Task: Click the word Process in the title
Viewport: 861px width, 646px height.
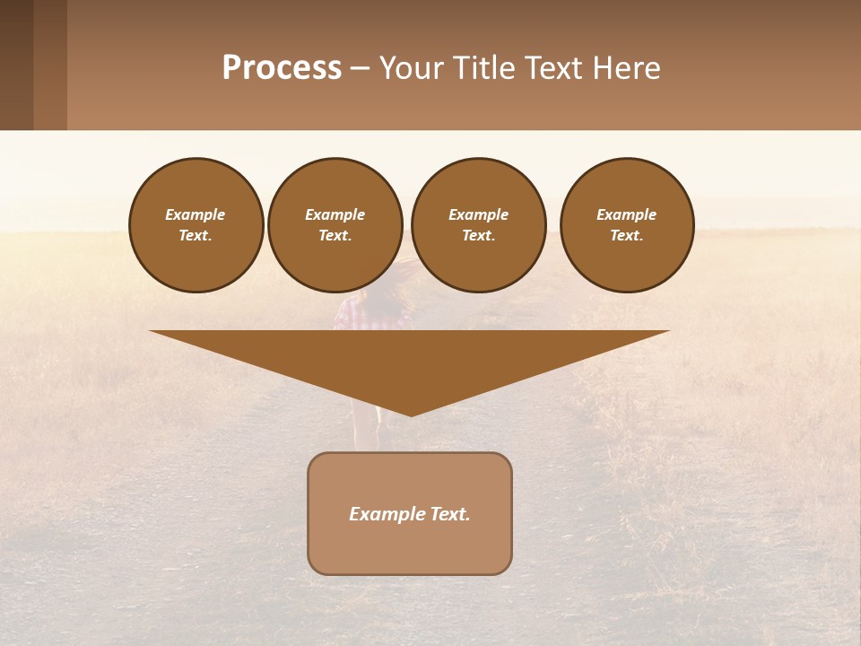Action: pos(282,68)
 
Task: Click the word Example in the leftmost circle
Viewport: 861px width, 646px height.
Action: pos(195,214)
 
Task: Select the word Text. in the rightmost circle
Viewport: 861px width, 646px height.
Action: pos(626,236)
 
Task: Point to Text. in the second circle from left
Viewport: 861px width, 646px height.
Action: pos(335,236)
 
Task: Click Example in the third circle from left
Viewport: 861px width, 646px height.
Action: pos(478,214)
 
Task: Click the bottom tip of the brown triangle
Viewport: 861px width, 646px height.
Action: pos(411,414)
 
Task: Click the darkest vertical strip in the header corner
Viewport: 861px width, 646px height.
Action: pos(16,65)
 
